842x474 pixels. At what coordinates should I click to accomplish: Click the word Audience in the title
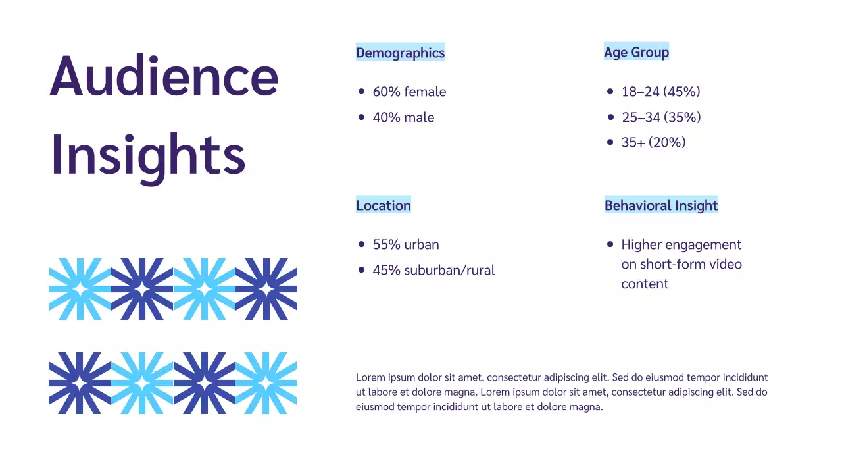click(164, 76)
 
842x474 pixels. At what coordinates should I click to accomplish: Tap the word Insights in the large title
click(148, 154)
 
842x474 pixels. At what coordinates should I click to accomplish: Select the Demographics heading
click(400, 53)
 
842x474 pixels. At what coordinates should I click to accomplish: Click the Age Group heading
click(636, 52)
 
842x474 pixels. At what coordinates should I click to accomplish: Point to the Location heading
click(383, 205)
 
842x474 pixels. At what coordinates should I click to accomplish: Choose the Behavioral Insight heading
click(661, 205)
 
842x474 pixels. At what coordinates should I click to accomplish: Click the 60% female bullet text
click(409, 92)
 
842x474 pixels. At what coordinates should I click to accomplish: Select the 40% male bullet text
click(403, 118)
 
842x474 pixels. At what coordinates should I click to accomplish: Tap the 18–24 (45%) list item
click(660, 92)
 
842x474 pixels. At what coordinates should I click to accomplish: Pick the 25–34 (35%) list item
click(661, 118)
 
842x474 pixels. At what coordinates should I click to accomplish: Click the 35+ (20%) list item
click(653, 142)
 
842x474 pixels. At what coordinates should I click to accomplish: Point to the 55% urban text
click(405, 245)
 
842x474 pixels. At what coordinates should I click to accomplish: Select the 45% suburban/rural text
click(433, 271)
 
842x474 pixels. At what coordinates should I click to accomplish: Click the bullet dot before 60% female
click(361, 92)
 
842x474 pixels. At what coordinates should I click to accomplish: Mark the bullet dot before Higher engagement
click(610, 244)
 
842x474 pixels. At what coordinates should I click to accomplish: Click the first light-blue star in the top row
click(80, 289)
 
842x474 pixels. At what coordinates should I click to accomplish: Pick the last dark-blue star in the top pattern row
click(266, 289)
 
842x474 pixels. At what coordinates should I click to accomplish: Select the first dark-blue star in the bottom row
click(80, 383)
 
